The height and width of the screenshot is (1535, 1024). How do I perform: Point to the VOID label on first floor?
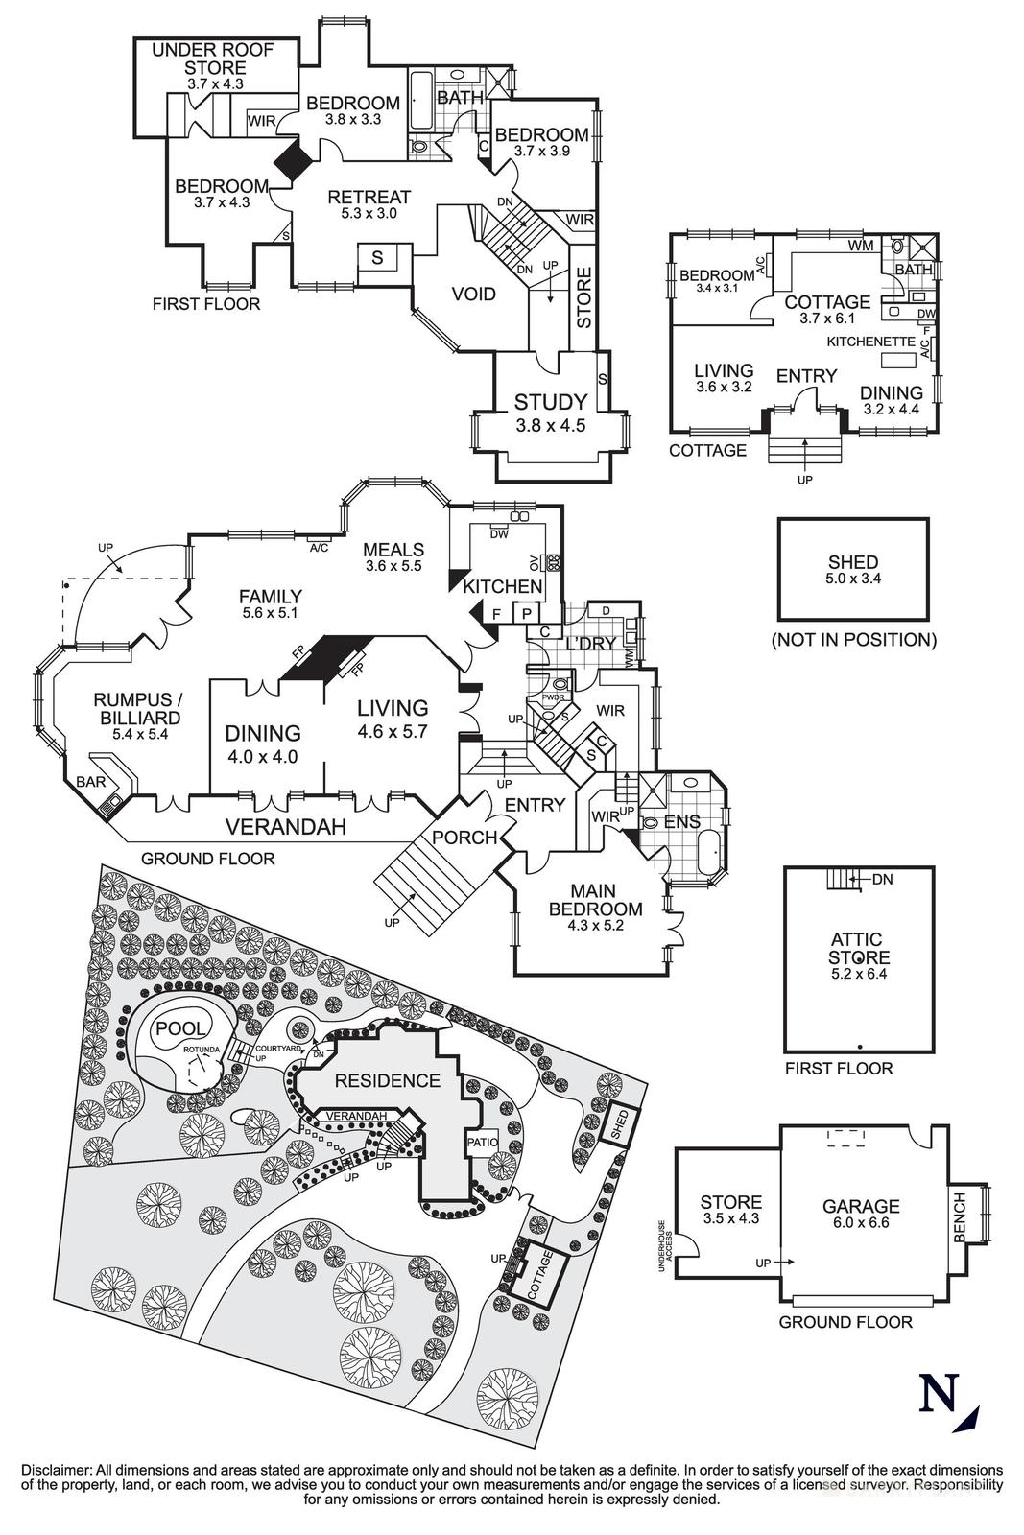pos(474,294)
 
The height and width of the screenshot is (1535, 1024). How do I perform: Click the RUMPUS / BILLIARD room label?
pos(137,708)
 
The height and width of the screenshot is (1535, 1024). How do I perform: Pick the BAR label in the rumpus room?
pos(91,782)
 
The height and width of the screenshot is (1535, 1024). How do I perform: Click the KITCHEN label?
pos(503,585)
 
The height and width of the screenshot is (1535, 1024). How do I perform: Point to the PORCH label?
pos(464,838)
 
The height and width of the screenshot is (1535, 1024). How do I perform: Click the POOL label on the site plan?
pos(180,1028)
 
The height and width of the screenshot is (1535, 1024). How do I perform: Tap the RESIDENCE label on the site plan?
pos(388,1080)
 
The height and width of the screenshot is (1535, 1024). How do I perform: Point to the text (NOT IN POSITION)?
pos(853,639)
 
